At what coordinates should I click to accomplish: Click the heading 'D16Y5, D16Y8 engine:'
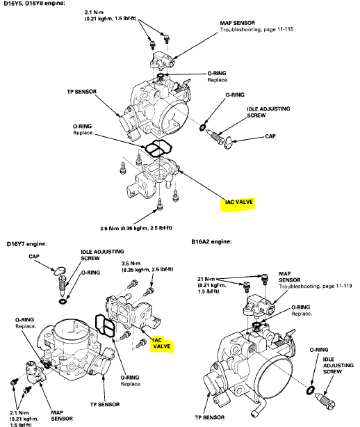pyautogui.click(x=34, y=3)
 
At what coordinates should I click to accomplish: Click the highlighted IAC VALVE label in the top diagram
pyautogui.click(x=238, y=202)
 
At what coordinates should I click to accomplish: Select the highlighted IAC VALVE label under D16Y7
pyautogui.click(x=162, y=343)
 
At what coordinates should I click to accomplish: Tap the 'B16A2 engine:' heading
pyautogui.click(x=211, y=241)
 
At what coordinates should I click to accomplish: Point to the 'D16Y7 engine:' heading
pyautogui.click(x=26, y=243)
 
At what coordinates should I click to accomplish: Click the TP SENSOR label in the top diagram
pyautogui.click(x=81, y=92)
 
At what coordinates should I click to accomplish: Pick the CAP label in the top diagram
pyautogui.click(x=270, y=136)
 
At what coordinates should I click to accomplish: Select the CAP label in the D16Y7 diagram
pyautogui.click(x=34, y=257)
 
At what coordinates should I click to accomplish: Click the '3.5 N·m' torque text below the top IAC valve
pyautogui.click(x=136, y=228)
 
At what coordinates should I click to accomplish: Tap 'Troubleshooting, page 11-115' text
pyautogui.click(x=256, y=29)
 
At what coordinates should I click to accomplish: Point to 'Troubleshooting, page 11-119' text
pyautogui.click(x=316, y=287)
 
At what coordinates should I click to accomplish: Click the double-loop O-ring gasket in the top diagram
pyautogui.click(x=158, y=148)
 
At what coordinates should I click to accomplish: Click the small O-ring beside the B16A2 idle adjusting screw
pyautogui.click(x=311, y=390)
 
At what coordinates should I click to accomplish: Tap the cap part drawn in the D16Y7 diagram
pyautogui.click(x=60, y=271)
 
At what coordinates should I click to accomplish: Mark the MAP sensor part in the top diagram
pyautogui.click(x=161, y=61)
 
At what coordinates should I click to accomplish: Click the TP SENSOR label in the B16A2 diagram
pyautogui.click(x=210, y=417)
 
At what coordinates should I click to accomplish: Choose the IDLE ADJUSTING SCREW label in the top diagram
pyautogui.click(x=268, y=112)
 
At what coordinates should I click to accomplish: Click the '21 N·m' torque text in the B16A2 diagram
pyautogui.click(x=206, y=279)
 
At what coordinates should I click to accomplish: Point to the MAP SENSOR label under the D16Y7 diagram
pyautogui.click(x=62, y=416)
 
